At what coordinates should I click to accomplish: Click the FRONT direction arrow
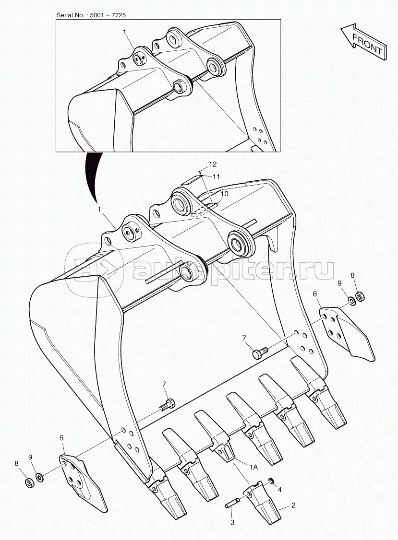pyautogui.click(x=364, y=42)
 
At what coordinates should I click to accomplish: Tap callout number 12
pyautogui.click(x=212, y=164)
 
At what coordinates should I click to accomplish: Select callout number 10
pyautogui.click(x=224, y=194)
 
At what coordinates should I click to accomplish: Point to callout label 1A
pyautogui.click(x=253, y=467)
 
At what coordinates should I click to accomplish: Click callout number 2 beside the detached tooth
pyautogui.click(x=293, y=505)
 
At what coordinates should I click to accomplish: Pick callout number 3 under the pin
pyautogui.click(x=232, y=522)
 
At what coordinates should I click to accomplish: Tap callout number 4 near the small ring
pyautogui.click(x=279, y=490)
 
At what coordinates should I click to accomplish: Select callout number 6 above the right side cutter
pyautogui.click(x=315, y=294)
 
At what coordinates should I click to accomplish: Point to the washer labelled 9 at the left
pyautogui.click(x=40, y=477)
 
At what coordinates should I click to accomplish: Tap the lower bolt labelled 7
pyautogui.click(x=168, y=404)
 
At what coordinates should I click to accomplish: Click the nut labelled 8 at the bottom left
pyautogui.click(x=29, y=482)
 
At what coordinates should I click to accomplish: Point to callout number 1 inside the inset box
pyautogui.click(x=124, y=32)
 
